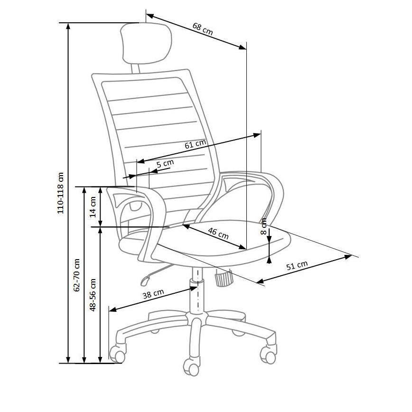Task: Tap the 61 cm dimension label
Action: (195, 144)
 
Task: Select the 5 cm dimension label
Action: (165, 164)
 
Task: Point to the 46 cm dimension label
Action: (218, 233)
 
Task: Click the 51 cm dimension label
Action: (297, 266)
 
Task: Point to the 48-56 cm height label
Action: (94, 294)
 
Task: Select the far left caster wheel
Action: (117, 354)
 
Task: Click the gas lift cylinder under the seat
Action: (195, 297)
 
